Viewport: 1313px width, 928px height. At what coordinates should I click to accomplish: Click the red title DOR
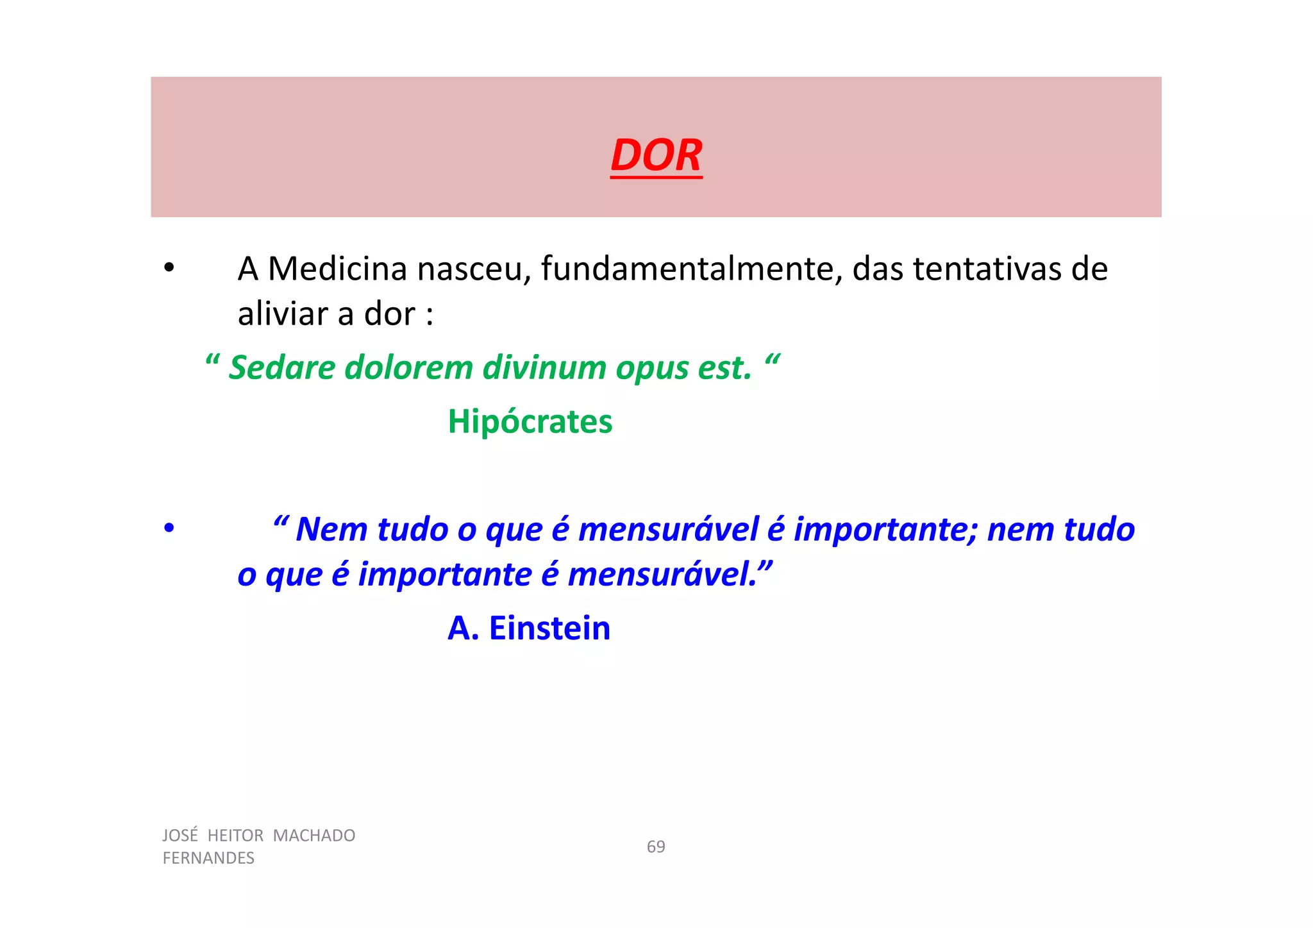coord(656,156)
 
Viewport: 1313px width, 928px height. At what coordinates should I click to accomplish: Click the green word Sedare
coord(281,368)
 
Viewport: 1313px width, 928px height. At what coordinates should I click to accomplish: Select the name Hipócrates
coord(530,422)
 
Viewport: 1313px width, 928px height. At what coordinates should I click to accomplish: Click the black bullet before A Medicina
coord(169,269)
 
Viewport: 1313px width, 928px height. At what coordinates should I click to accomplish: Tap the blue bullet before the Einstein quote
coord(169,529)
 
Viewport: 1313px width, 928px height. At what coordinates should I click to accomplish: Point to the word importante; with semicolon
coord(885,530)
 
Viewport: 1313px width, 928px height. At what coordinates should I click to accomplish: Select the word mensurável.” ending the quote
coord(670,574)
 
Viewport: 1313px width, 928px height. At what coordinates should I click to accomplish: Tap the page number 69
coord(655,847)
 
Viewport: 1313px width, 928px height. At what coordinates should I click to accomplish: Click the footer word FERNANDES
coord(208,858)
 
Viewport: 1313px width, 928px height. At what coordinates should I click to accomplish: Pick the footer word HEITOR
coord(235,836)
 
